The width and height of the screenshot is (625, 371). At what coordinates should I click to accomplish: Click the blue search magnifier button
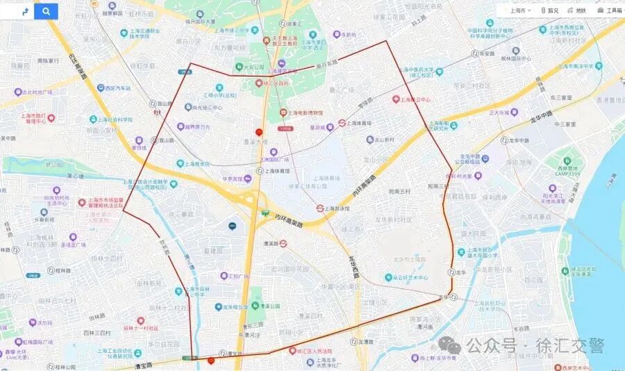coord(46,11)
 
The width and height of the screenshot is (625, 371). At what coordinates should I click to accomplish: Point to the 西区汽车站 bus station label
coord(113,88)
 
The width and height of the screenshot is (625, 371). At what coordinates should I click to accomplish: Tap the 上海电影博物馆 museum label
coord(306,113)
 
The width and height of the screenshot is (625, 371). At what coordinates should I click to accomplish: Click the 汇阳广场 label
coord(238,275)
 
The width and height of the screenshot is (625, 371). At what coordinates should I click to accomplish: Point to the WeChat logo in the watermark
coord(451,345)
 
